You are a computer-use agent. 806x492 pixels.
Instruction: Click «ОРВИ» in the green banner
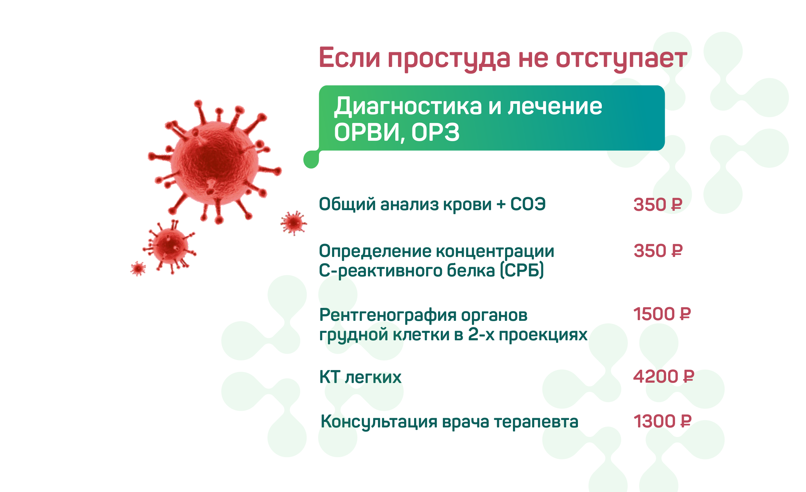click(367, 133)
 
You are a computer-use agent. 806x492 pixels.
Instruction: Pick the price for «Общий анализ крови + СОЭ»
click(658, 205)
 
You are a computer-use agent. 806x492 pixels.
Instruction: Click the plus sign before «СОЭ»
click(501, 204)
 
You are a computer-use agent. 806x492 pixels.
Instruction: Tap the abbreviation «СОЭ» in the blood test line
click(528, 204)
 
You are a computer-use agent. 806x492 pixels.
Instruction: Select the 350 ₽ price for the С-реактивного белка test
click(658, 251)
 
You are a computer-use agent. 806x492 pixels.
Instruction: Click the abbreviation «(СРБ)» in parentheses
click(522, 271)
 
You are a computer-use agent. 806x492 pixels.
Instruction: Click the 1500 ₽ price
click(662, 314)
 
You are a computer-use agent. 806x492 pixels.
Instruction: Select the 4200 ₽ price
click(663, 376)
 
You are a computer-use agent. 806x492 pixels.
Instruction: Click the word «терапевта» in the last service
click(536, 422)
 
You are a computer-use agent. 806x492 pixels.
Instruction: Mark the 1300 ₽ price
click(662, 421)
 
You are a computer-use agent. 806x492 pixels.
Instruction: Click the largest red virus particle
click(215, 162)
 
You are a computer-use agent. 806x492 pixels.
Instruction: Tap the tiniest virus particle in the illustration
click(138, 269)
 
